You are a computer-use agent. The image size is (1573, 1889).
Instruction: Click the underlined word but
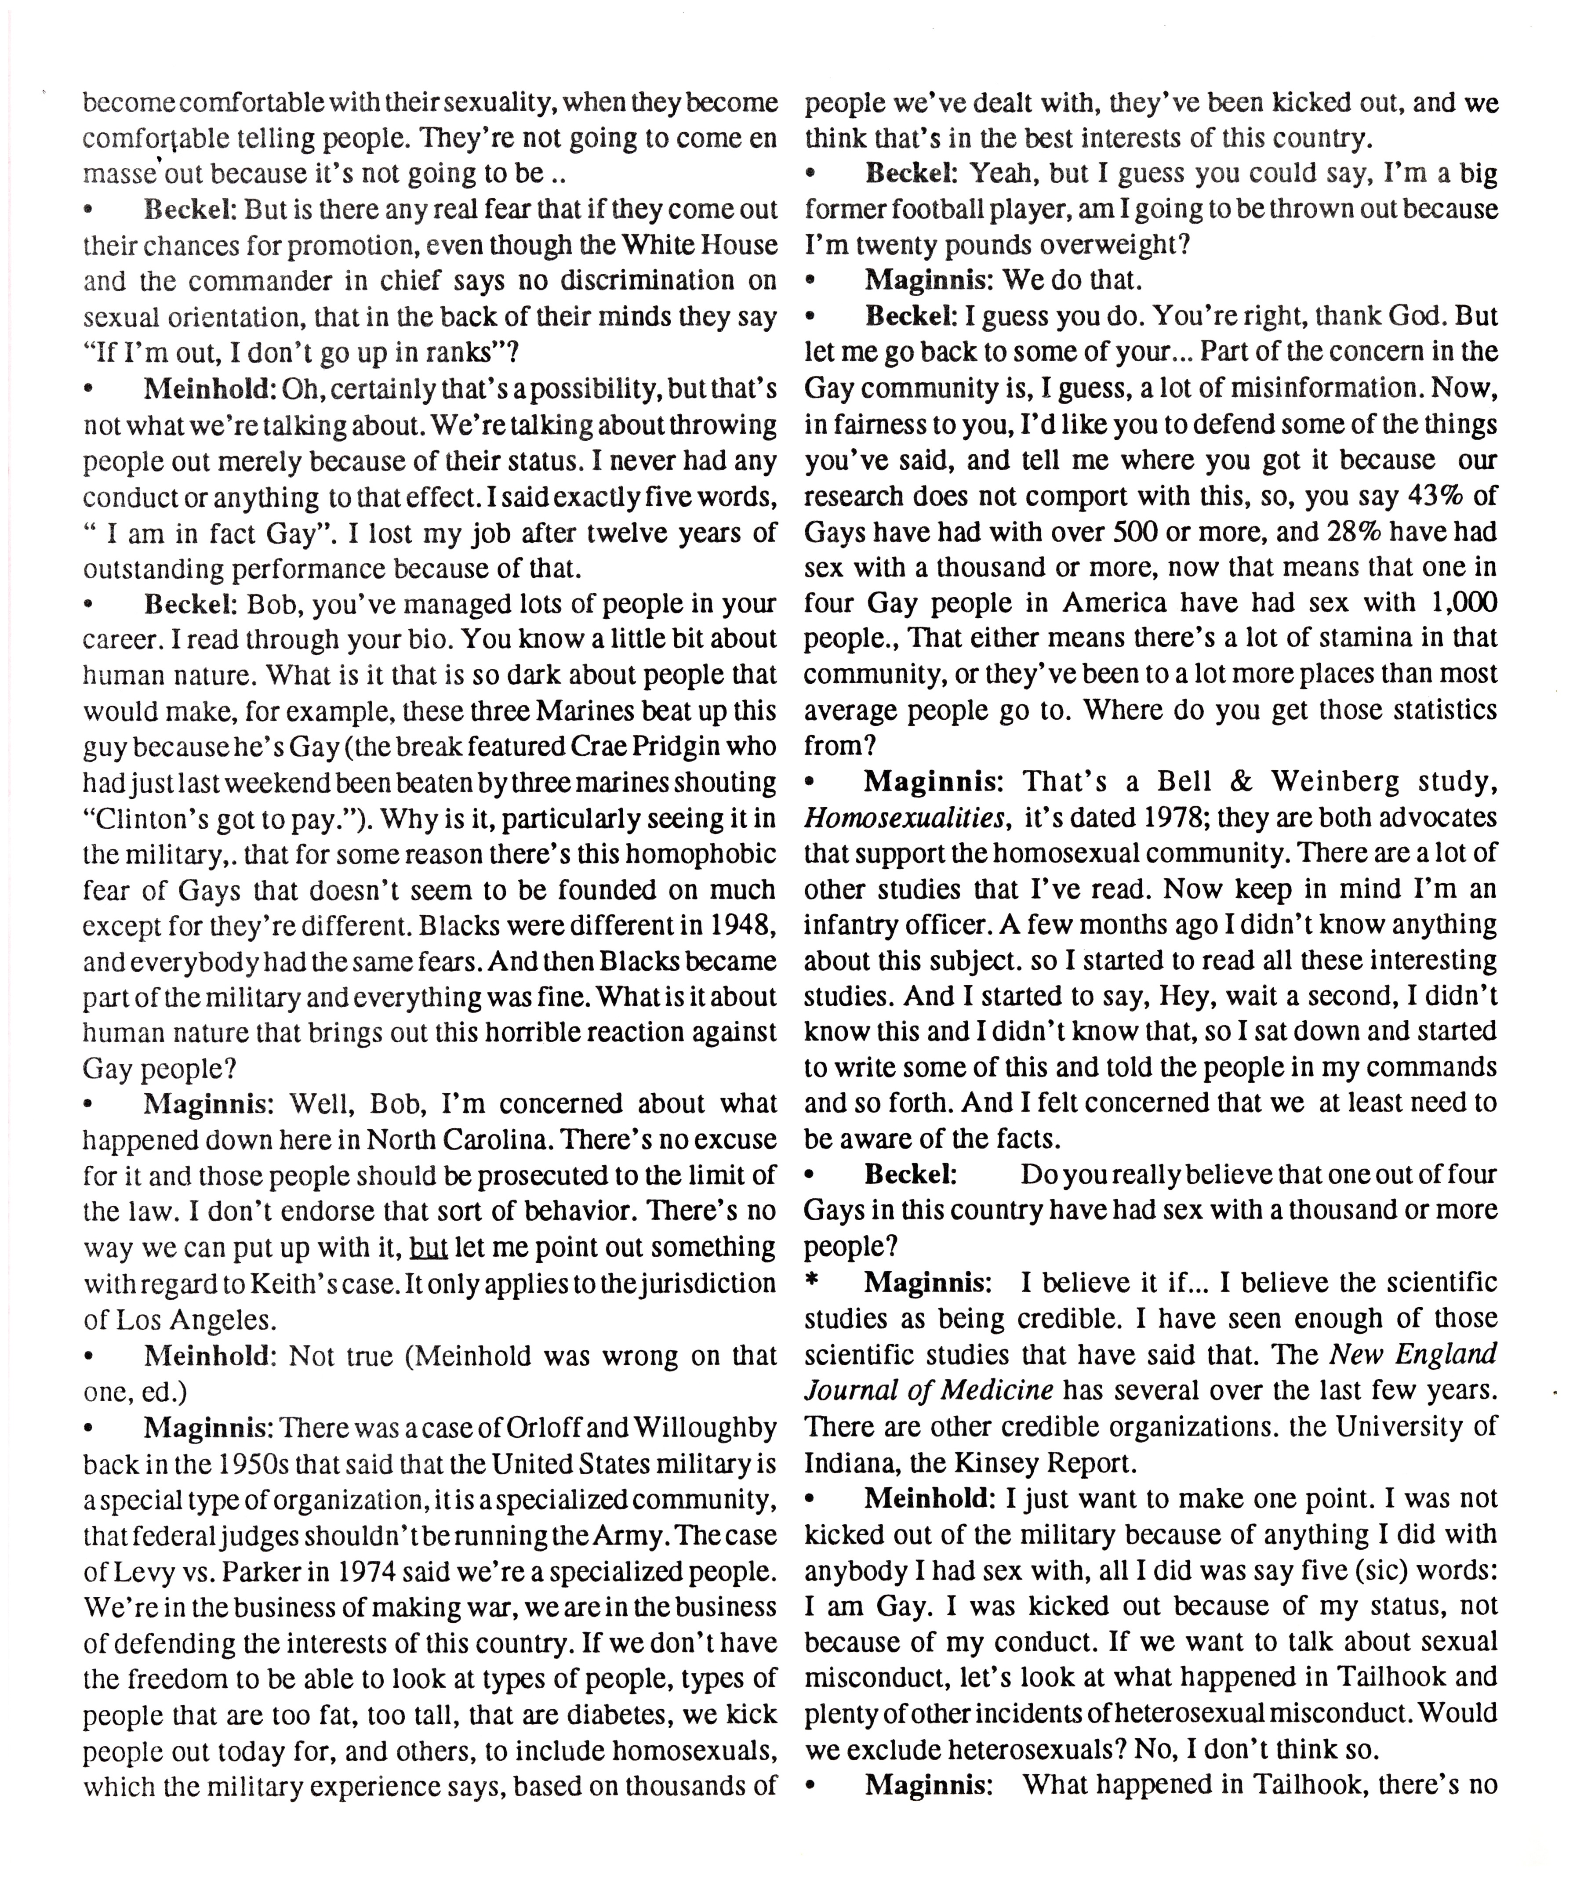pyautogui.click(x=429, y=1247)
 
